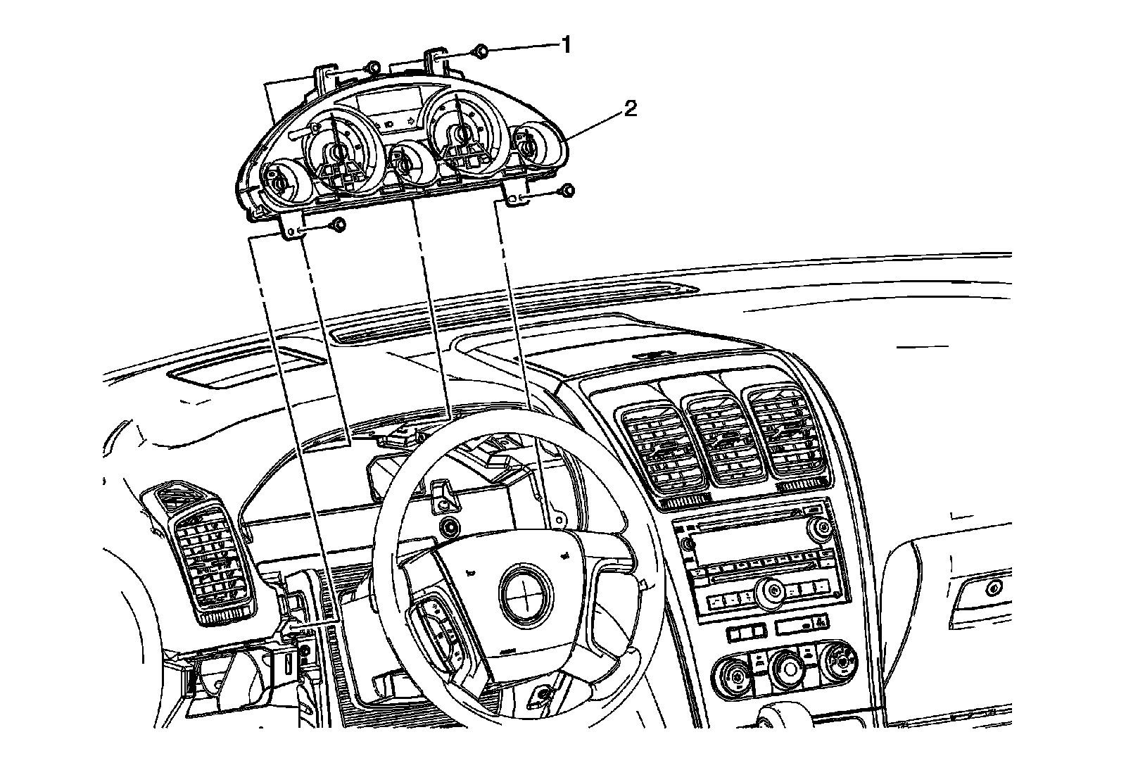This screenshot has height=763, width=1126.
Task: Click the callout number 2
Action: tap(629, 109)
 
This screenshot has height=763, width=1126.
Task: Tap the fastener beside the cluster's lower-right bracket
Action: tap(567, 190)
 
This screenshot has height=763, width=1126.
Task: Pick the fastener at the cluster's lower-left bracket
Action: tap(338, 225)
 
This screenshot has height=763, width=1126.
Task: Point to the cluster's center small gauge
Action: tap(405, 163)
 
